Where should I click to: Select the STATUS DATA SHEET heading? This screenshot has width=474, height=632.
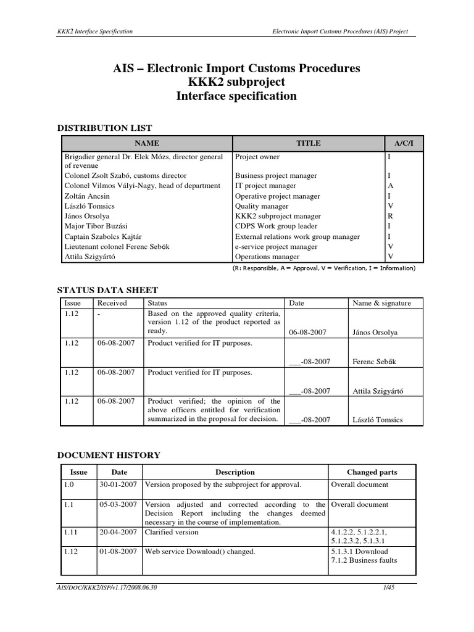click(107, 290)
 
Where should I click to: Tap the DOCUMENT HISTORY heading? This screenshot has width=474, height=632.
click(109, 455)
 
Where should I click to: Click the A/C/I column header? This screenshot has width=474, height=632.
click(401, 143)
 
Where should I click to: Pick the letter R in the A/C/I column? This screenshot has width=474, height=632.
click(390, 217)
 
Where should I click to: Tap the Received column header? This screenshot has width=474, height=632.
click(112, 303)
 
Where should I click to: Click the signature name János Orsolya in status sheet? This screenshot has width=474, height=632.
click(375, 332)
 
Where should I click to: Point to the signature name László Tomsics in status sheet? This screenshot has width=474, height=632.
click(377, 420)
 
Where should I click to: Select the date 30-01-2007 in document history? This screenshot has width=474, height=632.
click(118, 485)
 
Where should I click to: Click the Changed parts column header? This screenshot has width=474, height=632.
click(372, 472)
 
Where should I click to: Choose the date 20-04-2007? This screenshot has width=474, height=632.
click(118, 532)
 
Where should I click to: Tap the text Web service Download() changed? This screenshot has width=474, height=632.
click(199, 551)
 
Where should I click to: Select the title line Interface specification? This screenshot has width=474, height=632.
click(236, 96)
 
